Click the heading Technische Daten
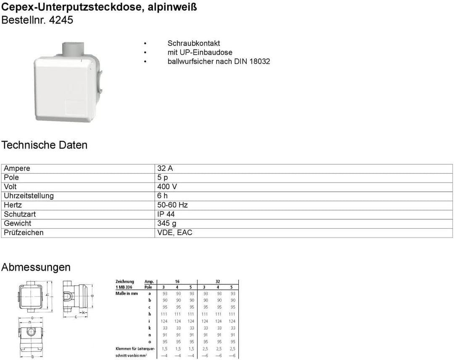pos(45,145)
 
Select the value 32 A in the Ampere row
pos(165,168)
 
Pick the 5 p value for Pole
pos(163,177)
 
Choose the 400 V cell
pos(167,187)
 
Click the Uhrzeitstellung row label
pos(29,196)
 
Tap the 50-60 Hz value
pos(172,205)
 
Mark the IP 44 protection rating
pos(166,214)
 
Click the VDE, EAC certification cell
pos(175,233)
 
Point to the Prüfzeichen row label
pos(24,233)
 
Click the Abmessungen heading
pos(36,267)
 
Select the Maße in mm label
pos(127,294)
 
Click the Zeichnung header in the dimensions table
pos(125,281)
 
